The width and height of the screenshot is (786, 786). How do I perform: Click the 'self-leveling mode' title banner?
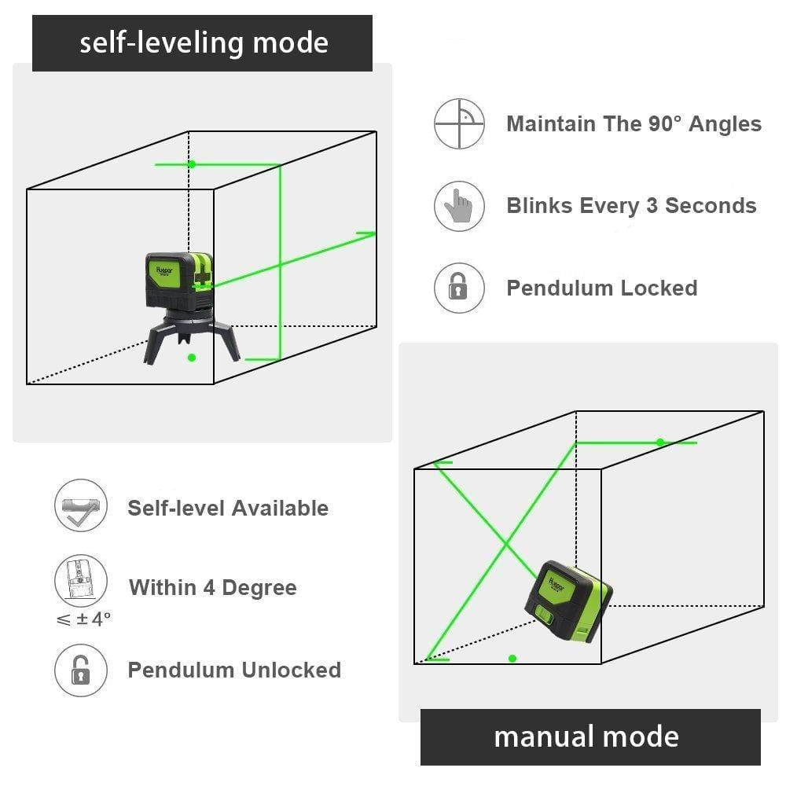click(202, 43)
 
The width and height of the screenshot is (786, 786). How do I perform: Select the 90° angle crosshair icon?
click(459, 123)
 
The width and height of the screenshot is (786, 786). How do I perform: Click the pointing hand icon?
click(459, 206)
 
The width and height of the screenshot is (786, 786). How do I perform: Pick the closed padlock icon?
click(459, 288)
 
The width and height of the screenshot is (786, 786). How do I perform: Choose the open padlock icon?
click(79, 670)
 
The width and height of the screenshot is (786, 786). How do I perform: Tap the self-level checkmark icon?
click(79, 508)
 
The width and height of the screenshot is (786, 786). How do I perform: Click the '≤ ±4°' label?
click(83, 619)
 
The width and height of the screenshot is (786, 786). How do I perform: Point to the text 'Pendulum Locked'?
click(601, 288)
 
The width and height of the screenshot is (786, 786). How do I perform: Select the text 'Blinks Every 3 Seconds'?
click(631, 206)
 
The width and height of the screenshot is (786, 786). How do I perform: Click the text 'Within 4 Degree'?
click(212, 588)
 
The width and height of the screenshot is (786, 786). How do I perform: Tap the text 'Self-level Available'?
click(228, 508)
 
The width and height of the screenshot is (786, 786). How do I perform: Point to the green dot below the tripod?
click(191, 358)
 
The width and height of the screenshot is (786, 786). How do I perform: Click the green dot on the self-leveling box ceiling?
click(191, 164)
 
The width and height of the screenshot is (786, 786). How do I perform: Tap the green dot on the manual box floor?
click(512, 658)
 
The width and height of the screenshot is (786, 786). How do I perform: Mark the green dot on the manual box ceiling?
click(660, 443)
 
